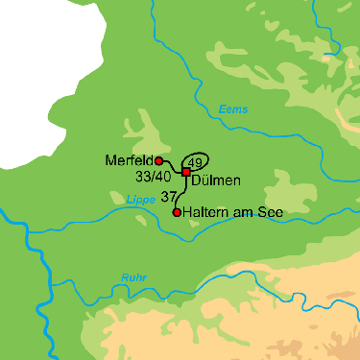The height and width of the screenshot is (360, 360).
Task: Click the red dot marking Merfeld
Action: point(160,161)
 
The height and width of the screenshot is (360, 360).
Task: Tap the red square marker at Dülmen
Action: point(186,171)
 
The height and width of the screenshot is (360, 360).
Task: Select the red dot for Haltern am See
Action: point(177,212)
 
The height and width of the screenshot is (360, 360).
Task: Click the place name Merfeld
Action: point(131,161)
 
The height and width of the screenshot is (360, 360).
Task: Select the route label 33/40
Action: point(154,177)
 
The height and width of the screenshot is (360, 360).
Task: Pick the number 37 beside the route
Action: point(169,196)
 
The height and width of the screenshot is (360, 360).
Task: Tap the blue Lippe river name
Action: point(140,200)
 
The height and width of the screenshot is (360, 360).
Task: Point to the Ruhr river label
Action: point(132,278)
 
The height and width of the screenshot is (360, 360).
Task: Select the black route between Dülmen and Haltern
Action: point(180,192)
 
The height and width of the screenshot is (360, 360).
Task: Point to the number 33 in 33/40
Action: point(144,177)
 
